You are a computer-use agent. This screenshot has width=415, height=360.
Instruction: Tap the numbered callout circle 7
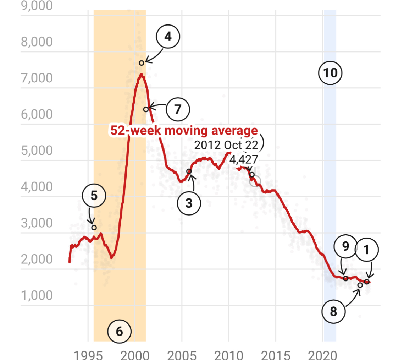178,109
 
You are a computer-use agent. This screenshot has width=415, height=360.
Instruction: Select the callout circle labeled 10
330,73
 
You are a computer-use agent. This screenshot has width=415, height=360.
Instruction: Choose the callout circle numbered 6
120,332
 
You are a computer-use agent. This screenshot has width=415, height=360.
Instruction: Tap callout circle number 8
333,312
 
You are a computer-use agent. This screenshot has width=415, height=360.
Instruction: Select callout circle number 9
345,247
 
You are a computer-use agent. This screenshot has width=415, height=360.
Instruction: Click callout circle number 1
367,250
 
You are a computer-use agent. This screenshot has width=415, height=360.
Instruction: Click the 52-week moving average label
183,130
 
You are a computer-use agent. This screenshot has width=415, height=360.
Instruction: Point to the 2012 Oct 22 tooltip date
226,146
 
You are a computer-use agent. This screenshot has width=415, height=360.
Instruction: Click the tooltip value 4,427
244,159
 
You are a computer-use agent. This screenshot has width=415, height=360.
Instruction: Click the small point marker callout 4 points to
142,63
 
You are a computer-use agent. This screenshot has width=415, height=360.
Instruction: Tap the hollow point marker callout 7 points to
146,109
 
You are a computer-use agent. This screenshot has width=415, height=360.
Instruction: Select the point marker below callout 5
94,228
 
